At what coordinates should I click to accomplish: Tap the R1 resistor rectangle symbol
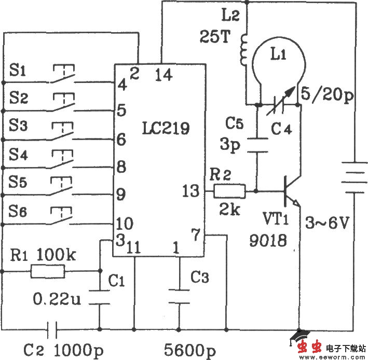coord(47,271)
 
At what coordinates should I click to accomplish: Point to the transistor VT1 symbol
coord(290,192)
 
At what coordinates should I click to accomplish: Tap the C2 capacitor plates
coord(52,328)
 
